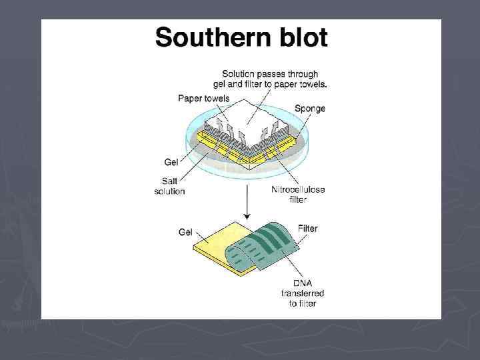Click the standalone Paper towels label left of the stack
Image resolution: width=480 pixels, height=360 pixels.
pyautogui.click(x=203, y=98)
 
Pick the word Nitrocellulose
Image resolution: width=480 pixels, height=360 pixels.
pyautogui.click(x=298, y=189)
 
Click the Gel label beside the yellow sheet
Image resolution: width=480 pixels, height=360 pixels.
pyautogui.click(x=185, y=232)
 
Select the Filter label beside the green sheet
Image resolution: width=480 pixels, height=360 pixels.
pyautogui.click(x=307, y=229)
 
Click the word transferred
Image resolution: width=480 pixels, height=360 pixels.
pyautogui.click(x=303, y=293)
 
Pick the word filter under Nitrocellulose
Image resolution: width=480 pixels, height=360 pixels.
pyautogui.click(x=298, y=199)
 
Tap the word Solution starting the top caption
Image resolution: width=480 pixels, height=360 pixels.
pyautogui.click(x=237, y=73)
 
